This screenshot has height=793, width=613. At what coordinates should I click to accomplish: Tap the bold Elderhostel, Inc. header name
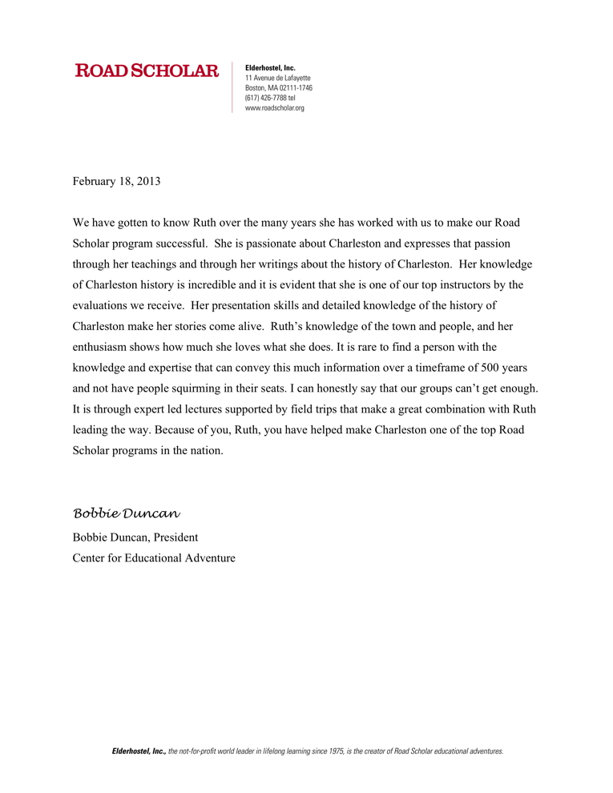[x=270, y=68]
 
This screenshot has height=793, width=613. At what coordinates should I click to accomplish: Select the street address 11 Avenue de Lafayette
[x=277, y=78]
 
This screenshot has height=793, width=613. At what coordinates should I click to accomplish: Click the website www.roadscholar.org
[x=274, y=107]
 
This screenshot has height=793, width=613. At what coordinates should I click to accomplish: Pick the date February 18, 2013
[x=116, y=181]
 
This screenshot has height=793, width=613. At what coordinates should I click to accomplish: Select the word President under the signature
[x=175, y=537]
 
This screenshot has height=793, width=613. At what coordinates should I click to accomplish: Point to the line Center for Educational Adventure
[x=154, y=558]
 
